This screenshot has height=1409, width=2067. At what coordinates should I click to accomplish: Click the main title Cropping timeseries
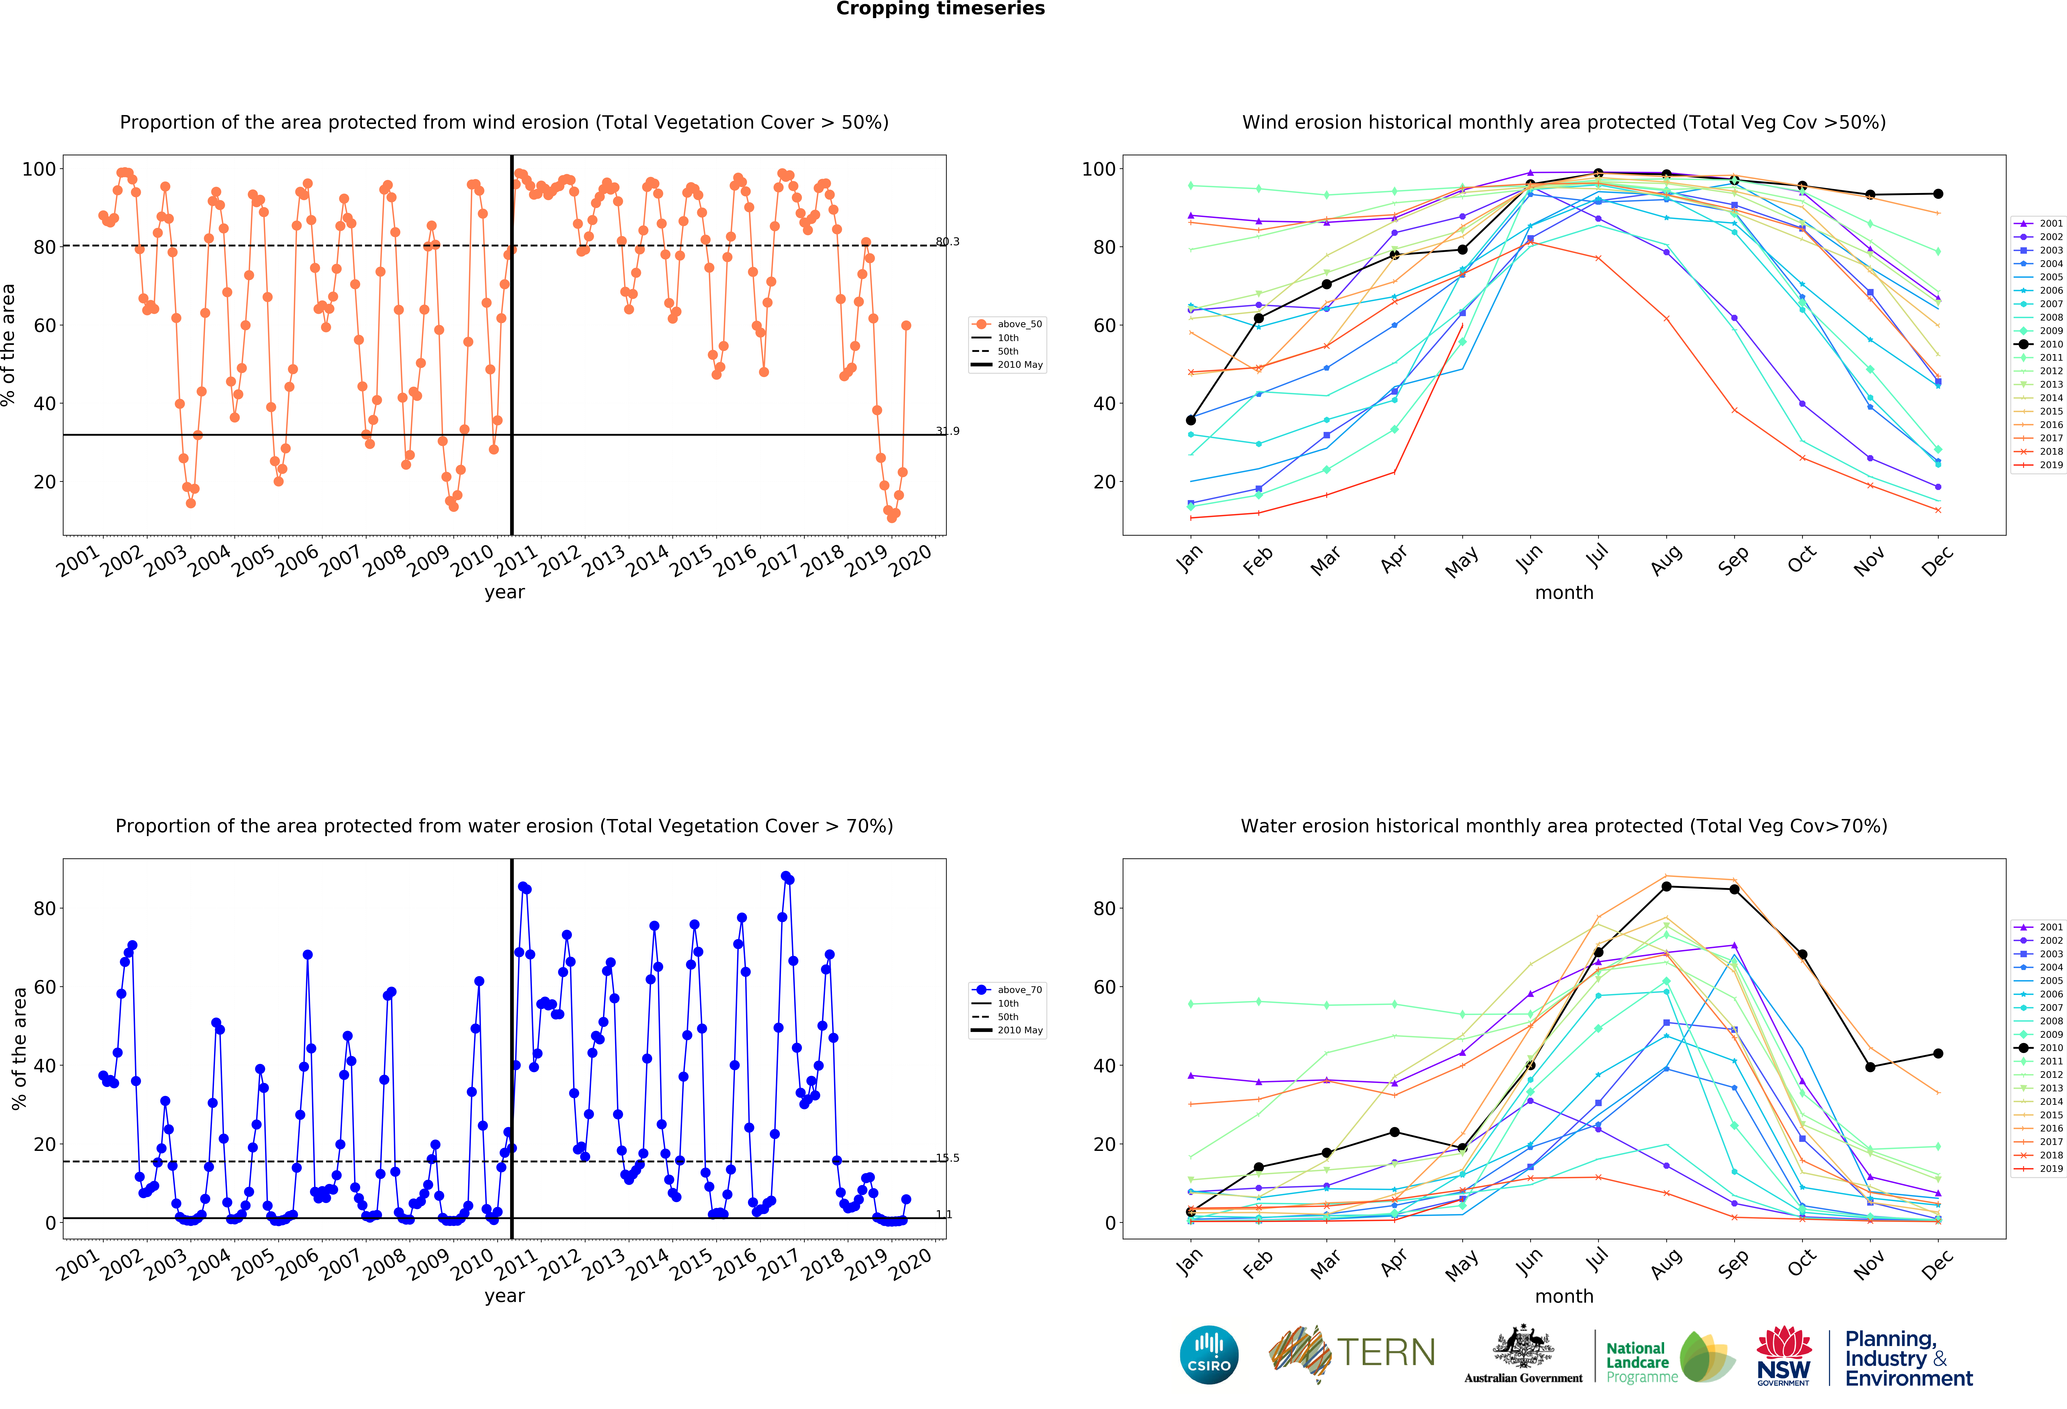click(940, 9)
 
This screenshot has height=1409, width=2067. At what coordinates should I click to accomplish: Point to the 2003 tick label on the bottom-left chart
click(166, 1264)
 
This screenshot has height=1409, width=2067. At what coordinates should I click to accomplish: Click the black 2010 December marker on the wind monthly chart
click(1938, 194)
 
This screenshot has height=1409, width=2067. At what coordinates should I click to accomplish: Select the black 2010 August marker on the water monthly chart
click(1666, 887)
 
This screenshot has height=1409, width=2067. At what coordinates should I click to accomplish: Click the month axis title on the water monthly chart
click(1564, 1296)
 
